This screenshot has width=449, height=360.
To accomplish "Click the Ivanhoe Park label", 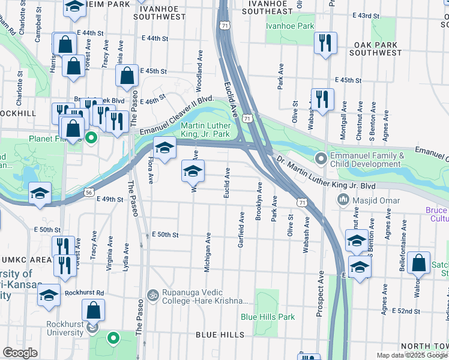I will click(x=291, y=26).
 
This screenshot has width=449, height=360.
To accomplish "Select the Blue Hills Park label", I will click(x=268, y=316).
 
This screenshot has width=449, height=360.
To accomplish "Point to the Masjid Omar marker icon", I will click(x=344, y=199).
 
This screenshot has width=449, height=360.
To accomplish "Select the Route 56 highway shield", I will click(x=89, y=192).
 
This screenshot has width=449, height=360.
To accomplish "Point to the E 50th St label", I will click(x=166, y=235).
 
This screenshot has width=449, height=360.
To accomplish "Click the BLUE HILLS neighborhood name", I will click(x=219, y=334).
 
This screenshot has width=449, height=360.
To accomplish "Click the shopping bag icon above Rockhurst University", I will click(x=93, y=311).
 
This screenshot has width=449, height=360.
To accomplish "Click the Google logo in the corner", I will click(x=20, y=353).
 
